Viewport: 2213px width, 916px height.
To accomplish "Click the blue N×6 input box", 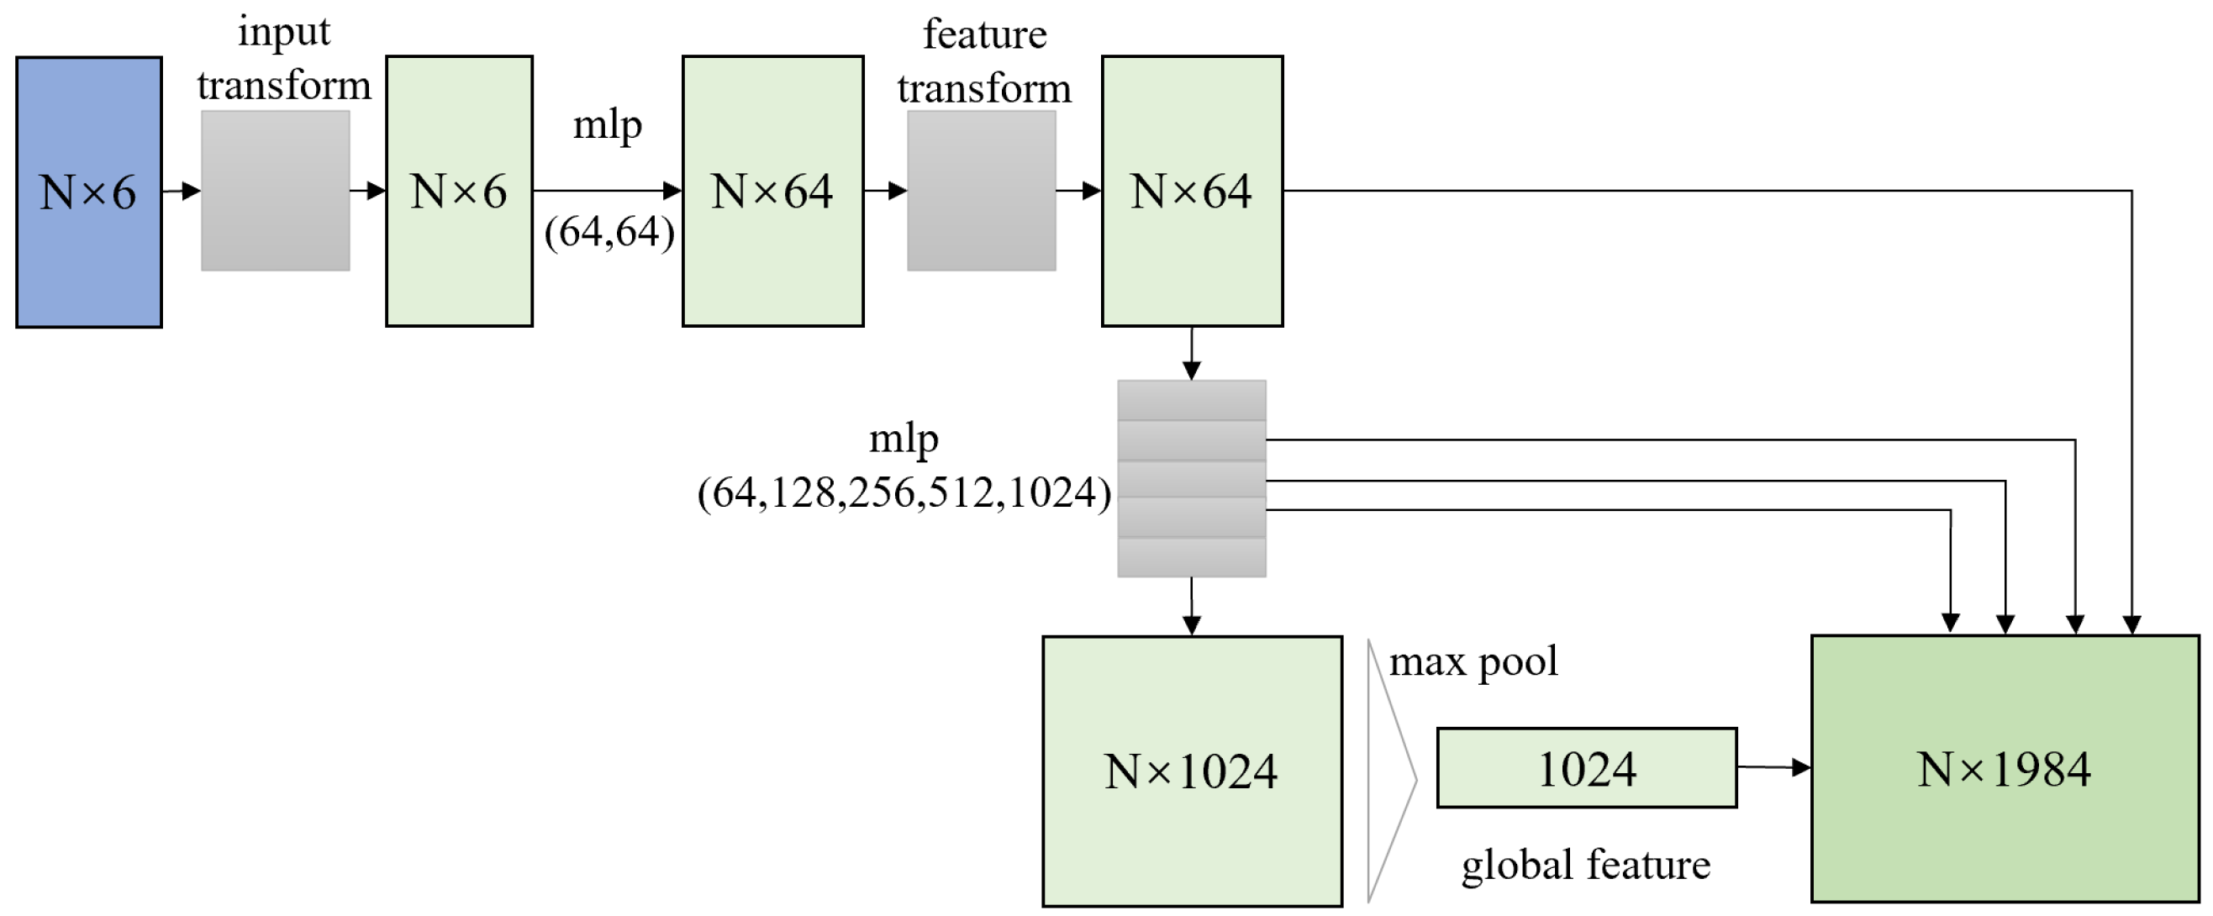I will pos(88,192).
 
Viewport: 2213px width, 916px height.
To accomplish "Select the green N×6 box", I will pos(459,191).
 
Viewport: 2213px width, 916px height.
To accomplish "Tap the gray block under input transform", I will pos(275,190).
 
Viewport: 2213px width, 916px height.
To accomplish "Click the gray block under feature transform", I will pos(981,190).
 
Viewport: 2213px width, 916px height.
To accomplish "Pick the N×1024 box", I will pos(1192,771).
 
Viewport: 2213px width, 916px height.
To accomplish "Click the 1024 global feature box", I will pos(1586,767).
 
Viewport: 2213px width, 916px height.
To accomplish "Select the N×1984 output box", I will pos(2005,768).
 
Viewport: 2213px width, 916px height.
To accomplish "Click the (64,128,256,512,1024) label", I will pos(904,492).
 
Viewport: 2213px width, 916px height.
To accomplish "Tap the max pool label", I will pos(1473,661).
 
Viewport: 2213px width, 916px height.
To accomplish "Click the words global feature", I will pos(1585,865).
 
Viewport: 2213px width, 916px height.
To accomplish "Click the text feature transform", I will pos(984,62).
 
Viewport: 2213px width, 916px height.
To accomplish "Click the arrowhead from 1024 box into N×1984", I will pos(1801,767).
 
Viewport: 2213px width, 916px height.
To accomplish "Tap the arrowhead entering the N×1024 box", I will pos(1191,625).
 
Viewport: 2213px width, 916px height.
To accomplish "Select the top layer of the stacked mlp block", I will pos(1191,399).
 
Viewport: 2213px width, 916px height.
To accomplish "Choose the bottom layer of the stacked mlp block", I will pos(1191,557).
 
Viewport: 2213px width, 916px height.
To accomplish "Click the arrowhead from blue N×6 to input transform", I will pos(192,191).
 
